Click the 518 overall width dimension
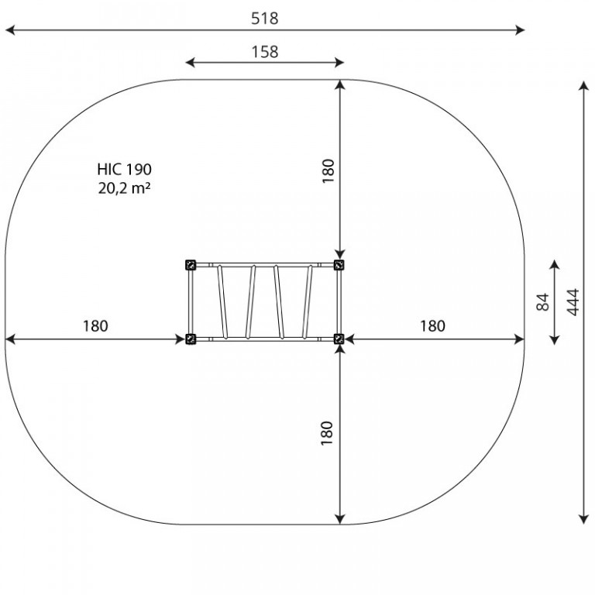click(264, 19)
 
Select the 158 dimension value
click(265, 52)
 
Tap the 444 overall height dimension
click(573, 302)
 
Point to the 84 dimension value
click(543, 302)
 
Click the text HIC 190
click(125, 169)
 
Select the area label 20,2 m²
click(125, 187)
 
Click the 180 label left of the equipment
click(95, 326)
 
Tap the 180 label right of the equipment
click(432, 326)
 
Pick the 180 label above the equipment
click(328, 171)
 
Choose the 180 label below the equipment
click(327, 433)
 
